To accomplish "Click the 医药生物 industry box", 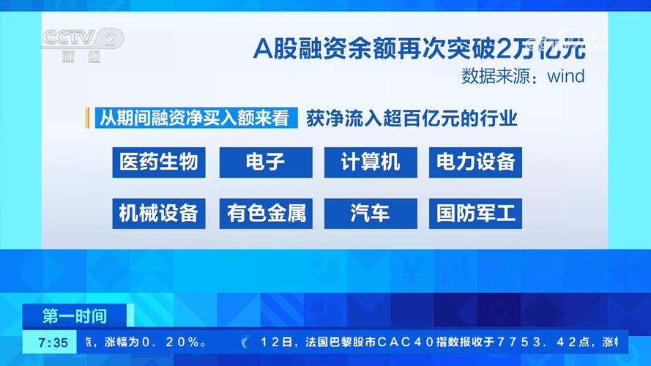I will tap(158, 162).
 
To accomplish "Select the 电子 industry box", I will tap(265, 162).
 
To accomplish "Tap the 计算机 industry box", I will tap(371, 162).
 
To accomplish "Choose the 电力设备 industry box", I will tap(475, 162).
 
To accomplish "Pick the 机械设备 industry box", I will tap(158, 213).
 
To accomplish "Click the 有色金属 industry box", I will tap(265, 213).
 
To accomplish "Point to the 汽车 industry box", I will tap(371, 213).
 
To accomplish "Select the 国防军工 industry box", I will tap(475, 213).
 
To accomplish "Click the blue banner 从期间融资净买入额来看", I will tap(196, 118).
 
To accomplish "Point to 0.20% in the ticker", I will tap(171, 342).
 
